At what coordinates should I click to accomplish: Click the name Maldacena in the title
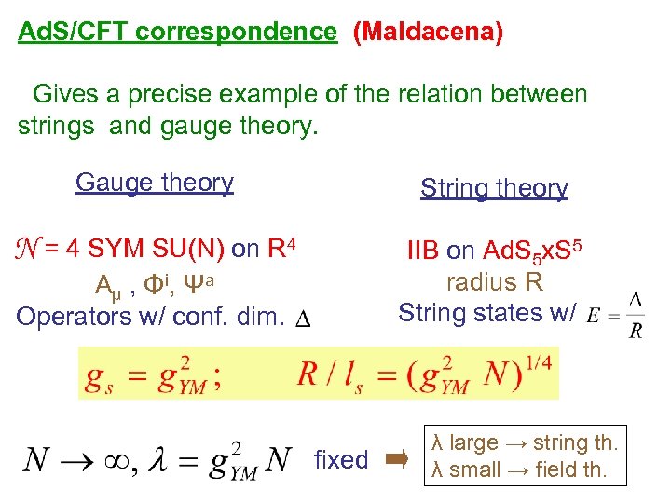[x=429, y=33]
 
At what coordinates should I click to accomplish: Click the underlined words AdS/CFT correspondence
[x=177, y=33]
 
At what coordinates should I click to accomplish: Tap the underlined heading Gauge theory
[x=155, y=183]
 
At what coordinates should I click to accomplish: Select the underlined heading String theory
[x=494, y=188]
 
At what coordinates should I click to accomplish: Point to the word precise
[x=185, y=95]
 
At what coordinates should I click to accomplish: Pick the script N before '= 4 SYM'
[x=28, y=250]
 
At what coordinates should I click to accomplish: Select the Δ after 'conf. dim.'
[x=302, y=320]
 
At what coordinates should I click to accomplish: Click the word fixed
[x=341, y=460]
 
